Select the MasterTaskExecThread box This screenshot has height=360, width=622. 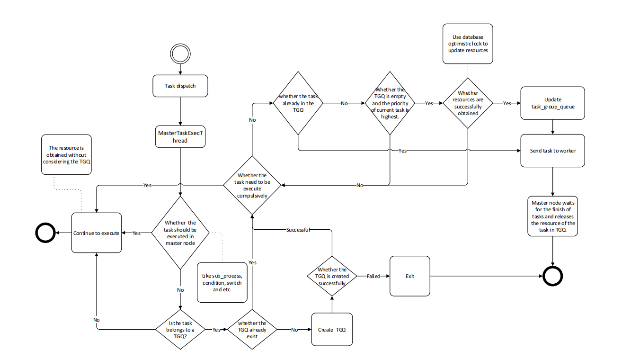[x=180, y=136]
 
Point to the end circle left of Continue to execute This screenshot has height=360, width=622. [x=46, y=233]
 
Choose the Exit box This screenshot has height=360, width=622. [x=410, y=276]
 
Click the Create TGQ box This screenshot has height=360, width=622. [x=332, y=329]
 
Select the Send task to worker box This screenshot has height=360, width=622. [x=553, y=151]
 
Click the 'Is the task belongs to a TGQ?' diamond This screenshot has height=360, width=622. [x=180, y=329]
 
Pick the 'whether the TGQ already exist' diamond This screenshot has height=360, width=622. [x=251, y=329]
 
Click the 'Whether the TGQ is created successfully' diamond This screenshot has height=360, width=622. [x=332, y=276]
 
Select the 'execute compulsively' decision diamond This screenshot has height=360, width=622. [x=252, y=185]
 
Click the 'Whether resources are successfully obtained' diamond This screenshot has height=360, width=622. [x=468, y=103]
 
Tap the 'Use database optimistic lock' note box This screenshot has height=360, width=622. [x=468, y=44]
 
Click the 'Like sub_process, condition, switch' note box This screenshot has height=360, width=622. [x=222, y=282]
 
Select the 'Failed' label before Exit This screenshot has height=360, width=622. [x=373, y=276]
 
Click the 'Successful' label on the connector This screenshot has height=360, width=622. [x=298, y=230]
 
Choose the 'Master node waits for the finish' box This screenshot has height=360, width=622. [x=553, y=216]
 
